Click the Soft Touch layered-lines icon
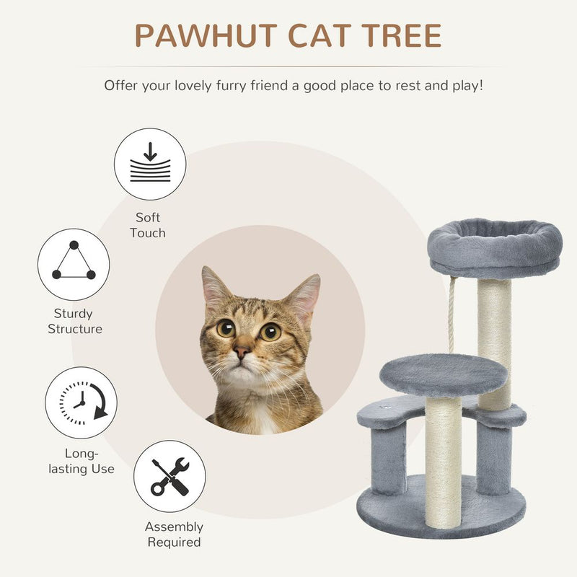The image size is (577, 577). [x=150, y=164]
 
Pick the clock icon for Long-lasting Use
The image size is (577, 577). [x=82, y=402]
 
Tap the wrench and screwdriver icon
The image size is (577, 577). [x=169, y=476]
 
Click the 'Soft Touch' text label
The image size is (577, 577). [x=148, y=225]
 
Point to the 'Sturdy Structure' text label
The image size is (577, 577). [x=75, y=321]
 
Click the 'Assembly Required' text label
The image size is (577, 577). [x=174, y=534]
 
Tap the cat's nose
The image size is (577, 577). [x=242, y=351]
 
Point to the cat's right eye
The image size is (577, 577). [x=270, y=332]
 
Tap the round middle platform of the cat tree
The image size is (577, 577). [x=444, y=374]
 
